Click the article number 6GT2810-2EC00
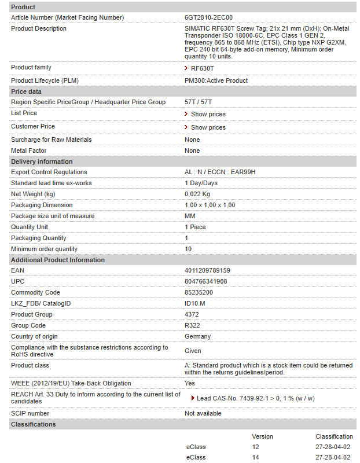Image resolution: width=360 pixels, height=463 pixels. [208, 17]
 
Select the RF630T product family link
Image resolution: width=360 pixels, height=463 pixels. [202, 68]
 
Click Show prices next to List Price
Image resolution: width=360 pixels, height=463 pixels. [208, 114]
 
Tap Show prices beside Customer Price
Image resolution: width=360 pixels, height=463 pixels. [208, 127]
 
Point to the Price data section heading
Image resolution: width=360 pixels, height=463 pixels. [26, 91]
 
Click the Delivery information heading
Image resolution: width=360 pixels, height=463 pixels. [42, 161]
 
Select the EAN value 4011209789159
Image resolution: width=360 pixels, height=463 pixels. [207, 270]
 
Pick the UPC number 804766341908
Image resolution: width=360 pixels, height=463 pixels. [206, 281]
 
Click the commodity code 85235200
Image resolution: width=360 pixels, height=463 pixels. [199, 292]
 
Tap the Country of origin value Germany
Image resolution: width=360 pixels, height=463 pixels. [197, 336]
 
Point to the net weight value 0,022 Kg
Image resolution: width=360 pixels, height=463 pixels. [197, 194]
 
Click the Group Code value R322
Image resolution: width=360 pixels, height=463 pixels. [192, 325]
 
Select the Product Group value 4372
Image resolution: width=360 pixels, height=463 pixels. [192, 314]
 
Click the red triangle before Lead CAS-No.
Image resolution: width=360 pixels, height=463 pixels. [193, 398]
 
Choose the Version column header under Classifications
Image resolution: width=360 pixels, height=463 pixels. [262, 436]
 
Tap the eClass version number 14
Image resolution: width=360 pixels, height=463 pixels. [255, 458]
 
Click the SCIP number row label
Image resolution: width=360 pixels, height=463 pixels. [30, 413]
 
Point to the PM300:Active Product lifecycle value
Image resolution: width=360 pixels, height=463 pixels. [216, 80]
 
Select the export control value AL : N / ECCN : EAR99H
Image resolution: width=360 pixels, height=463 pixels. [220, 172]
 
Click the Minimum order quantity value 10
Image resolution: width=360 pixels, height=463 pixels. [188, 249]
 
